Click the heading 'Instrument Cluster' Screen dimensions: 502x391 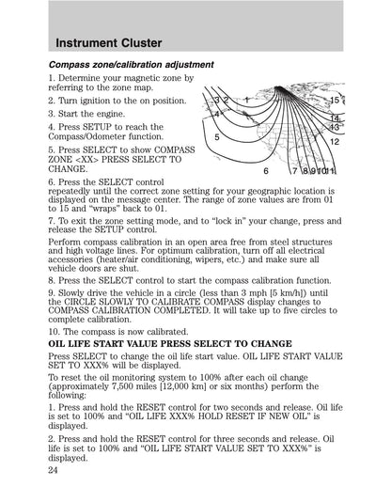(x=108, y=42)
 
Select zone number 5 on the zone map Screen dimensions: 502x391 (x=217, y=136)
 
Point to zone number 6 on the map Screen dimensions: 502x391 (x=265, y=171)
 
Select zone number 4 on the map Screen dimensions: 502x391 (x=217, y=113)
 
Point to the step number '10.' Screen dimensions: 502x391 (x=55, y=332)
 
